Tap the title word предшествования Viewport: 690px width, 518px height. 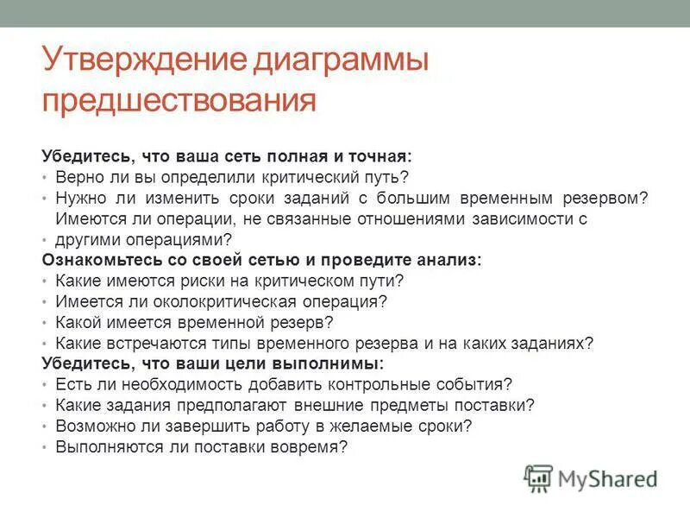point(179,101)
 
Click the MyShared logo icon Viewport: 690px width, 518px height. point(539,477)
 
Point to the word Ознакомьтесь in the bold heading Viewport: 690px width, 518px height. point(95,260)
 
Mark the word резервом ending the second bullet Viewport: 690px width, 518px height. point(600,198)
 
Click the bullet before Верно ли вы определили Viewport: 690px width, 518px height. point(45,178)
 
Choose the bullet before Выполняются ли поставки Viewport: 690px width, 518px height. point(45,447)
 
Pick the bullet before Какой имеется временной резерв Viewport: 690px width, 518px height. point(45,323)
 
